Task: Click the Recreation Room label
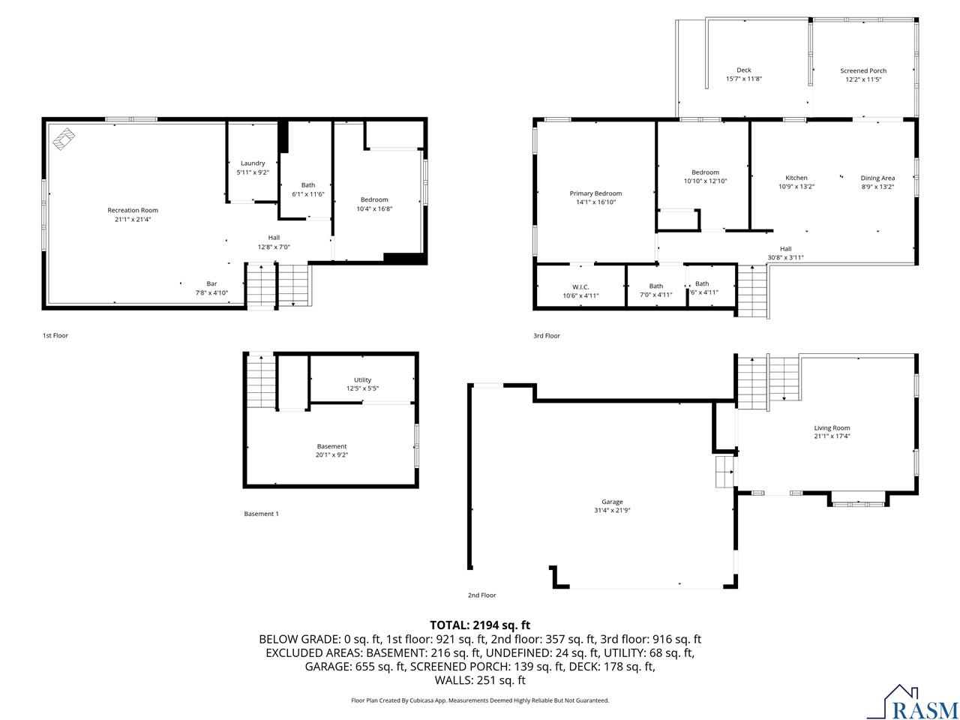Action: click(x=133, y=210)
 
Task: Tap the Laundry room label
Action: click(x=253, y=163)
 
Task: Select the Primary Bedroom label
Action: click(x=595, y=193)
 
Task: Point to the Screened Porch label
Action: click(x=863, y=70)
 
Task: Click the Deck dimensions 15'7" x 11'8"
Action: click(x=743, y=79)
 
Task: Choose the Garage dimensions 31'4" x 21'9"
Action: click(x=612, y=511)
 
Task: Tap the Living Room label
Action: click(x=832, y=427)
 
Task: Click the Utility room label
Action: click(x=362, y=379)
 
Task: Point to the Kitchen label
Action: click(x=796, y=178)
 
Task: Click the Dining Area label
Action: click(x=877, y=178)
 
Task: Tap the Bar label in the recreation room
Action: click(x=212, y=283)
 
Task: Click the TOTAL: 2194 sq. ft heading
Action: click(x=480, y=625)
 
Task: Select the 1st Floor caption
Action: click(x=55, y=335)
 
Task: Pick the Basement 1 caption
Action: click(x=261, y=514)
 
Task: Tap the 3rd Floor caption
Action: click(x=546, y=335)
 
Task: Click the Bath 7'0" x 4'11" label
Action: click(x=656, y=289)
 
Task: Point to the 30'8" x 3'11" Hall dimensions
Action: click(x=785, y=257)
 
